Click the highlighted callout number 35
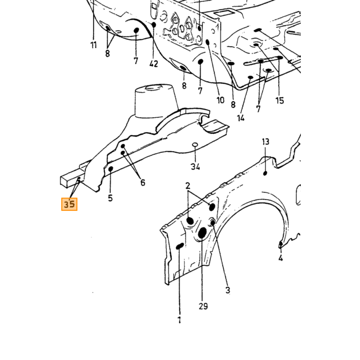(69, 204)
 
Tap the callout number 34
(195, 167)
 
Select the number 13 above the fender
(265, 141)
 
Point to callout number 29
(203, 306)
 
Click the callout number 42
(154, 64)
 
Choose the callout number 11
(94, 45)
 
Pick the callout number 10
(221, 100)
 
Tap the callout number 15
(280, 100)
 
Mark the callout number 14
(241, 118)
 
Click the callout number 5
(111, 198)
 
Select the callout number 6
(143, 183)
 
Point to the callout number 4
(281, 258)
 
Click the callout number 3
(227, 290)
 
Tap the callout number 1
(179, 320)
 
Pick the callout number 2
(188, 186)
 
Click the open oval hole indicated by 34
(195, 145)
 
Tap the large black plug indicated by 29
(202, 233)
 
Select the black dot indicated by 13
(265, 173)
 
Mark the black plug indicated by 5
(111, 169)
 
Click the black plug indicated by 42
(154, 24)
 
